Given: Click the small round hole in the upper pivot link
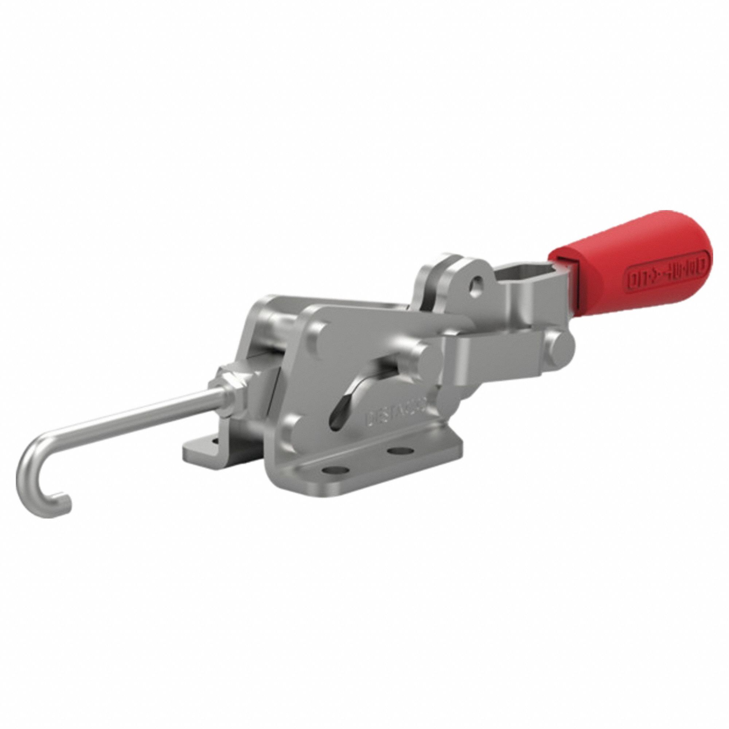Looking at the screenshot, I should tap(479, 282).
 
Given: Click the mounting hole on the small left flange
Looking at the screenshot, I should tap(215, 441).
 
